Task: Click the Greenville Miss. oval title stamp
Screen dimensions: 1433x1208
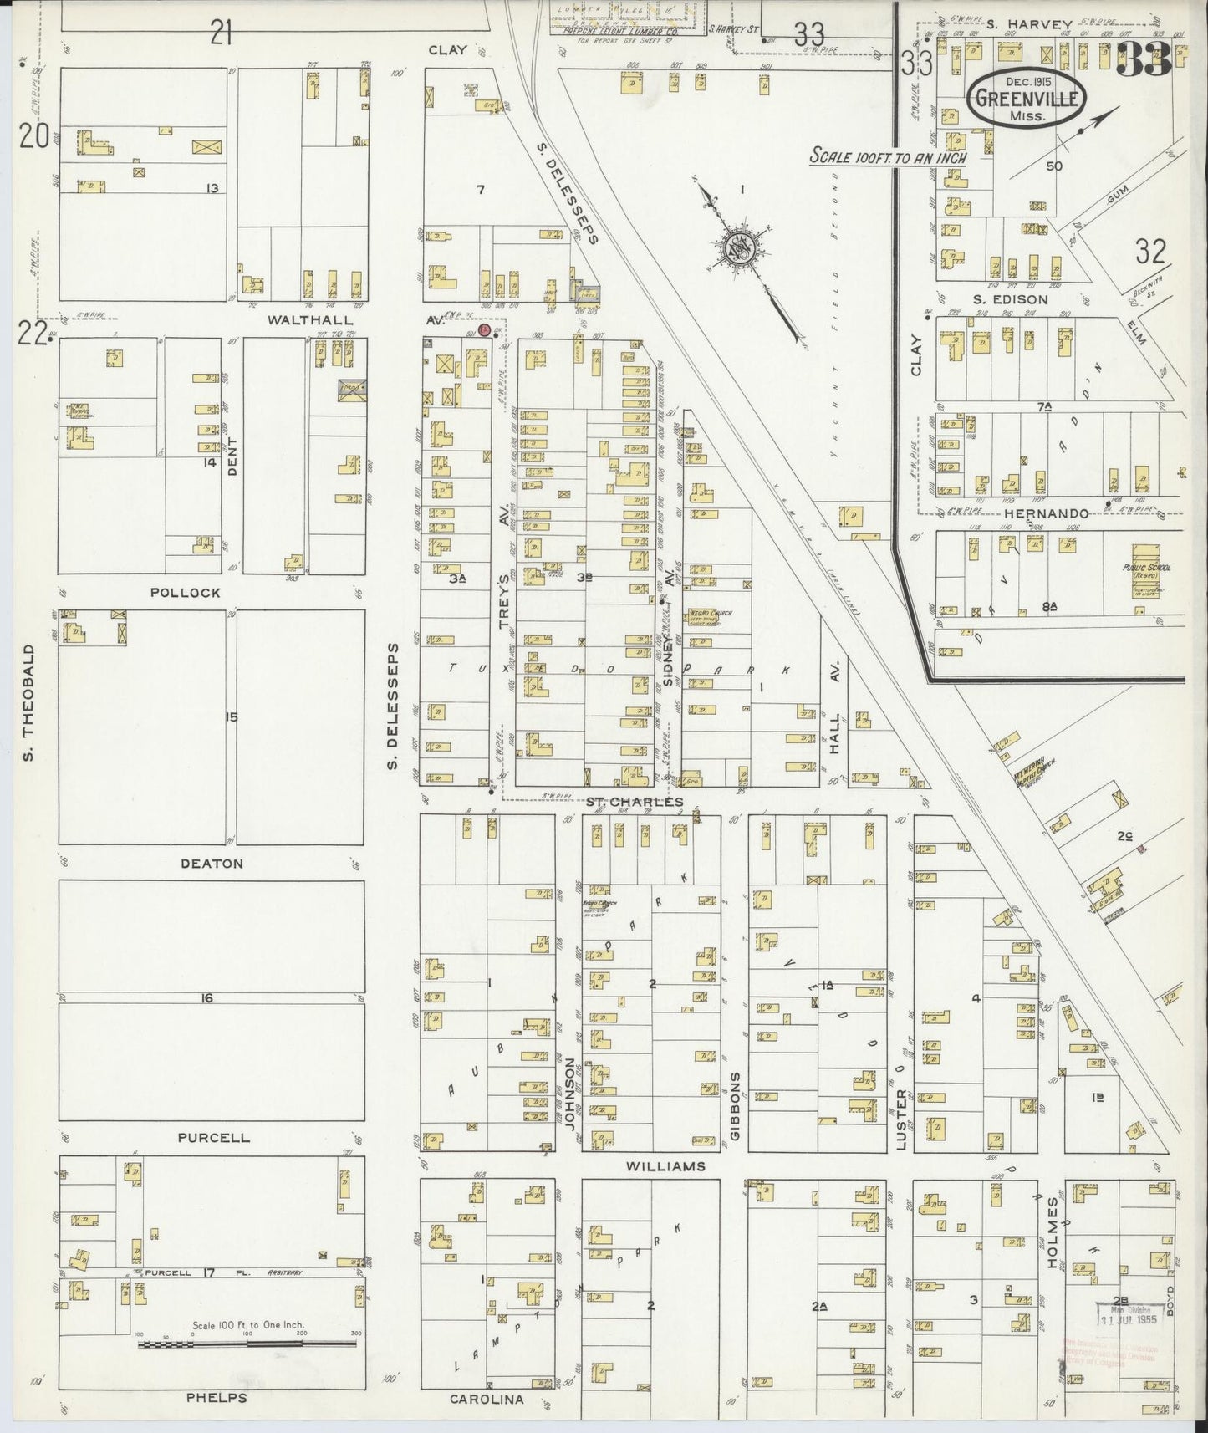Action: (1027, 100)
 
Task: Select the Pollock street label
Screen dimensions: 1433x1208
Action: (186, 592)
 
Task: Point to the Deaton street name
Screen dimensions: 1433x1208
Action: (212, 863)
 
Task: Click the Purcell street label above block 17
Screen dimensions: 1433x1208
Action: (213, 1137)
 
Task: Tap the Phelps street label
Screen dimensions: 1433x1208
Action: (217, 1397)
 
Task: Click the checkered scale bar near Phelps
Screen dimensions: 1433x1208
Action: (246, 1344)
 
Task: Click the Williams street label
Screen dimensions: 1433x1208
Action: (665, 1165)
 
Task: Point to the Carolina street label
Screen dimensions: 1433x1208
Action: (487, 1399)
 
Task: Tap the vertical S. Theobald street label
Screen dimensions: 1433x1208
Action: (28, 702)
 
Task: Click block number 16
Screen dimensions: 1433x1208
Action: (207, 997)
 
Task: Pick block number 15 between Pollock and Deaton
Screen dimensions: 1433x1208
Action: (232, 716)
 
